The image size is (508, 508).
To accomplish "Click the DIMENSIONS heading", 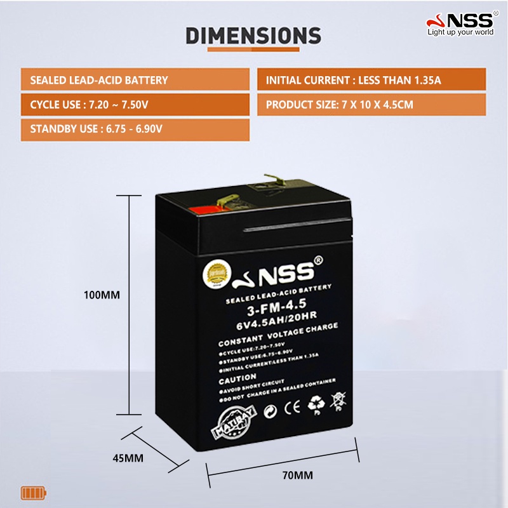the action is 253,36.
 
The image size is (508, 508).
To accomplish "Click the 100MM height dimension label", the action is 102,295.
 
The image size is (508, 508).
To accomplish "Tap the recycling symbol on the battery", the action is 316,403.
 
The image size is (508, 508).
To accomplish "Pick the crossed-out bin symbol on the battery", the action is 338,400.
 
